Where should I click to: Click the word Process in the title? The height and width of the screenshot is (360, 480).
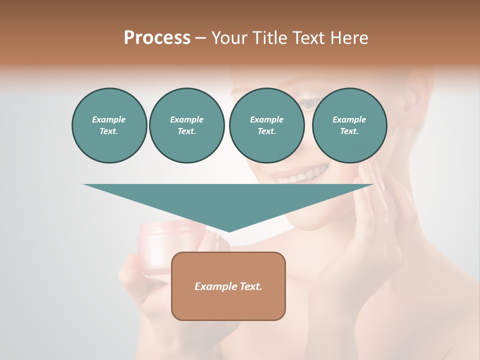pyautogui.click(x=157, y=38)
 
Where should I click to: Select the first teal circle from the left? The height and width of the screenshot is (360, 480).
pyautogui.click(x=109, y=125)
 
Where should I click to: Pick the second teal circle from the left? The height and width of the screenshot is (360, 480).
pyautogui.click(x=186, y=125)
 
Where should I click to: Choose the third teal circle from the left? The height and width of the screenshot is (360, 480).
pyautogui.click(x=266, y=125)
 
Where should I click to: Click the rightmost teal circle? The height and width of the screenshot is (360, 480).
pyautogui.click(x=349, y=125)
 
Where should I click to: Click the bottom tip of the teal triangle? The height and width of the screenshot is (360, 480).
pyautogui.click(x=229, y=231)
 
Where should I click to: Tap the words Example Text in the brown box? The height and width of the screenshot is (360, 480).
pyautogui.click(x=228, y=286)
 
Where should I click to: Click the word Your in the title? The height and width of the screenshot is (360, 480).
pyautogui.click(x=228, y=38)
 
